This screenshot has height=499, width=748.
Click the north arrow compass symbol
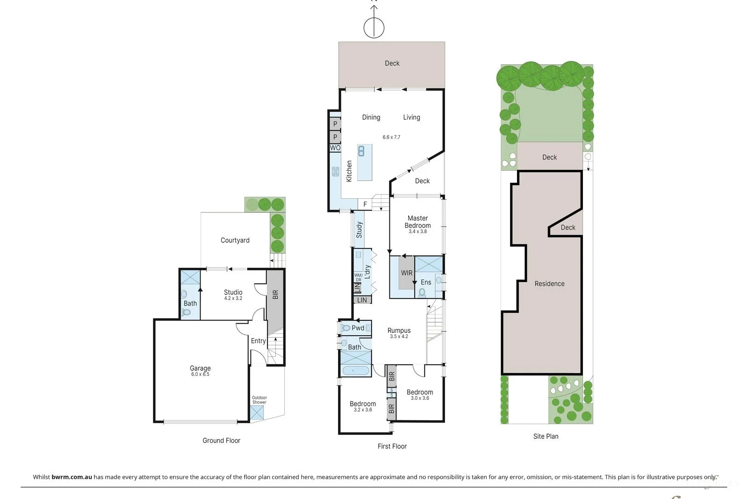pyautogui.click(x=374, y=27)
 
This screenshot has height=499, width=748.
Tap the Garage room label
pyautogui.click(x=200, y=369)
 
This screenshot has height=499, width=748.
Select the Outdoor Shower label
pyautogui.click(x=259, y=400)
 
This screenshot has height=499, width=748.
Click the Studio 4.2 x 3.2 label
pyautogui.click(x=233, y=295)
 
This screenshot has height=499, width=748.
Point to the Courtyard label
pyautogui.click(x=235, y=240)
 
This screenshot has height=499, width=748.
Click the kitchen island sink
pyautogui.click(x=361, y=151)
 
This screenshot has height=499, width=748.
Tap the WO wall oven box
pyautogui.click(x=335, y=148)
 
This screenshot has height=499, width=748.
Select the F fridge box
pyautogui.click(x=365, y=204)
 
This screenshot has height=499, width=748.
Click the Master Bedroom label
pyautogui.click(x=417, y=222)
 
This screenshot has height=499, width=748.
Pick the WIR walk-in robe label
pyautogui.click(x=406, y=273)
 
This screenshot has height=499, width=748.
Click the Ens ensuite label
pyautogui.click(x=425, y=282)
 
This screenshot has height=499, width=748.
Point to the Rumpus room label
pyautogui.click(x=399, y=331)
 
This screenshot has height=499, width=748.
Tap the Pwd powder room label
pyautogui.click(x=358, y=328)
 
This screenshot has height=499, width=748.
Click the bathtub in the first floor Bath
pyautogui.click(x=355, y=371)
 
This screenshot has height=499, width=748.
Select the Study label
pyautogui.click(x=359, y=230)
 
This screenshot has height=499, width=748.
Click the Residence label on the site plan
pyautogui.click(x=549, y=284)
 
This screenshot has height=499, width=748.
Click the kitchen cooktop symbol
pyautogui.click(x=335, y=172)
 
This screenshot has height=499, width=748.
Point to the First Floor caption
pyautogui.click(x=392, y=446)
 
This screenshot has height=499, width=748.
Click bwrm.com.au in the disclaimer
pyautogui.click(x=72, y=477)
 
